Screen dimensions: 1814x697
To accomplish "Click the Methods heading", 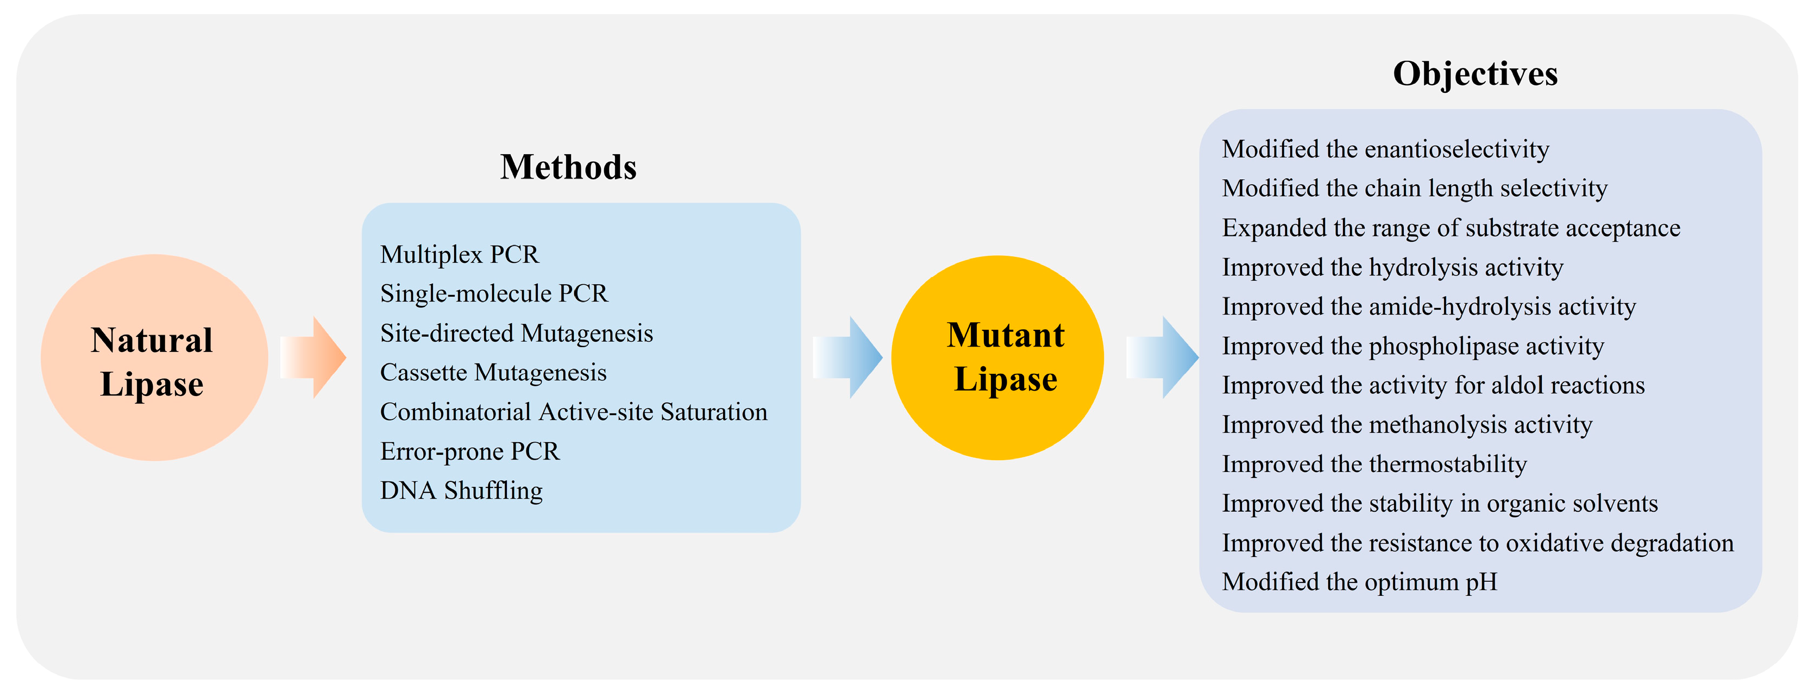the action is (x=568, y=167).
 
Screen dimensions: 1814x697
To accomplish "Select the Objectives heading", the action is (x=1476, y=73).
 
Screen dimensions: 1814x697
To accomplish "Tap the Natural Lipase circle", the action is (x=154, y=357).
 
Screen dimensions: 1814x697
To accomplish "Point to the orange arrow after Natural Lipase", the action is (x=313, y=357).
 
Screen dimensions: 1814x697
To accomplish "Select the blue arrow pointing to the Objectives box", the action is (x=1163, y=357).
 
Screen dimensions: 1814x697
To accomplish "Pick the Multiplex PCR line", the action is (x=460, y=254).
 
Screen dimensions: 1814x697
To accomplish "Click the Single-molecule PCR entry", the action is (x=494, y=293).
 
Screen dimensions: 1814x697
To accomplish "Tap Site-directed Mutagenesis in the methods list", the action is (x=517, y=333).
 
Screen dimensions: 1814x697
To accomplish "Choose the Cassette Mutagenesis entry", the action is (x=493, y=373).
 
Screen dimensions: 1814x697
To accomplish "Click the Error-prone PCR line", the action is (x=470, y=451).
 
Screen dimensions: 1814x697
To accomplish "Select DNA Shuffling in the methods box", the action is (x=461, y=491).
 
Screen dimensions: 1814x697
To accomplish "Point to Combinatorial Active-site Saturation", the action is (x=574, y=412).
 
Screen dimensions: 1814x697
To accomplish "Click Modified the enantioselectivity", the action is (x=1386, y=149).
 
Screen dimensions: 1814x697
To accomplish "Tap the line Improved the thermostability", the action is (x=1374, y=464).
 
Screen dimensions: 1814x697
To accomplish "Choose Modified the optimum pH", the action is (x=1360, y=582).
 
